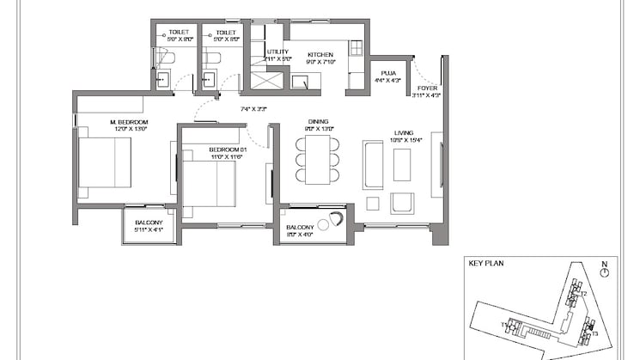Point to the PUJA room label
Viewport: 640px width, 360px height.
[x=388, y=74]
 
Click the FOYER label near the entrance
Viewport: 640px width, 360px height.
[x=427, y=88]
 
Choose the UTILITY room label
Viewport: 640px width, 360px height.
[x=277, y=52]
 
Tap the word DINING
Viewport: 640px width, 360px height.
[x=318, y=122]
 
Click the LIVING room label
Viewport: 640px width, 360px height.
[x=404, y=132]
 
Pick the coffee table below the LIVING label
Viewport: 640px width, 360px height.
[x=402, y=165]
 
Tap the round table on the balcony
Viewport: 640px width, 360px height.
[x=325, y=223]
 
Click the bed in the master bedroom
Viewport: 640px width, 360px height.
[x=104, y=162]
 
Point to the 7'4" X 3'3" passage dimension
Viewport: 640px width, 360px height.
[x=253, y=109]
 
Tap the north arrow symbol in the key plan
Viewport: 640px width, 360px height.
[x=606, y=272]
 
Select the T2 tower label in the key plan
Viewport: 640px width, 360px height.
[x=583, y=294]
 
